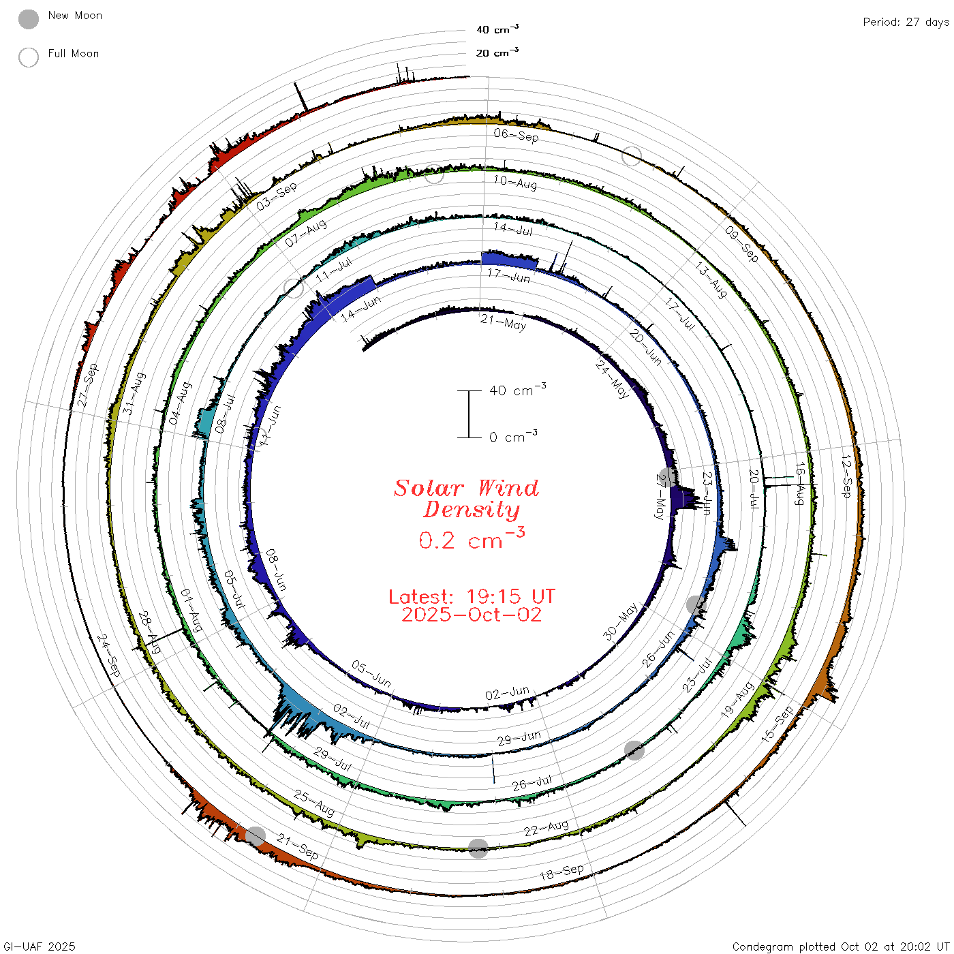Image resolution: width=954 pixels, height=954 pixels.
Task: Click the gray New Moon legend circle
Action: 28,19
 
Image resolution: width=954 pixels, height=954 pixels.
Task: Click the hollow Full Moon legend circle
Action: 28,57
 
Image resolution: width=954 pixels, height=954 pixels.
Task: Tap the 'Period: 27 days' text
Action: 906,22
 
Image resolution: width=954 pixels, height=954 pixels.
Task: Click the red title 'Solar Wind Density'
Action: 466,498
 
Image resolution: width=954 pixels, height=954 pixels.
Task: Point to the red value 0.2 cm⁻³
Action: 472,538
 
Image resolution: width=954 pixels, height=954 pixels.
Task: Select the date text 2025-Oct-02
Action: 472,615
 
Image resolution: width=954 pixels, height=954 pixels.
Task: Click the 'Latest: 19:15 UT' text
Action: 472,596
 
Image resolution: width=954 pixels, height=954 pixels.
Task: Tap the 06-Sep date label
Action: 516,135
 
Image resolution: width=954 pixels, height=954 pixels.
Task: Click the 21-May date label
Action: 503,322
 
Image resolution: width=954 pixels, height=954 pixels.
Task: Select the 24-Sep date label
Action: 108,656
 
